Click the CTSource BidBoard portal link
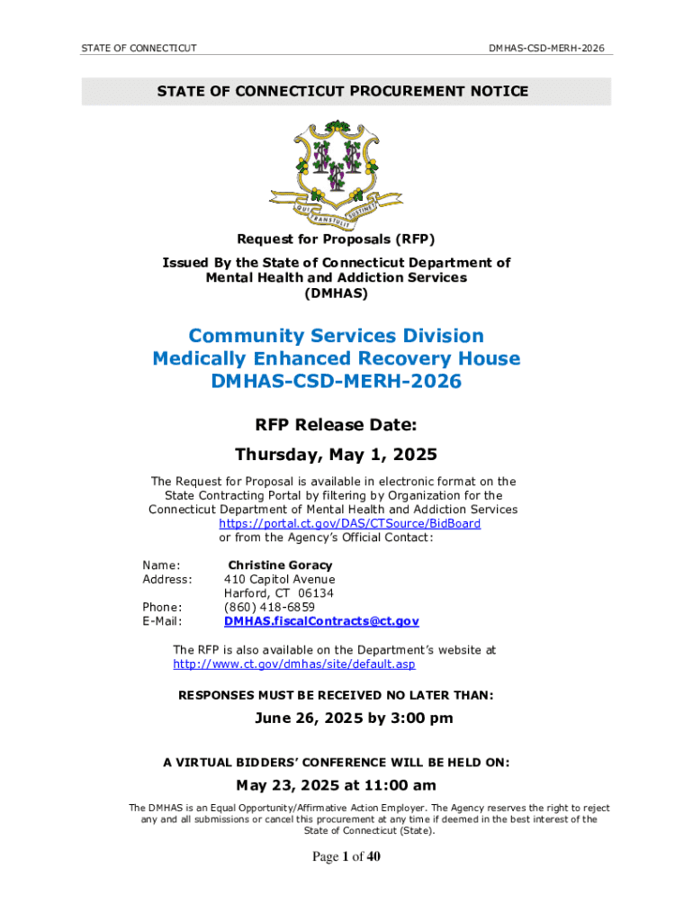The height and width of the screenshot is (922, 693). coord(350,523)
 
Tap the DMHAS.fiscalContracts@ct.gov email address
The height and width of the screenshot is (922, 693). coord(321,621)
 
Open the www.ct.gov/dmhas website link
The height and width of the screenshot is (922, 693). coord(293,664)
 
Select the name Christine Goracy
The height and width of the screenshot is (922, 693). coord(280,565)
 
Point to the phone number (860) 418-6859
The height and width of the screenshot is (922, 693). coord(269,608)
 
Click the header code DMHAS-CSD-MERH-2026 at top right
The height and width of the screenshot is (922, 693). coord(546,47)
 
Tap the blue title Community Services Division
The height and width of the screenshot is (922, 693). coord(336,336)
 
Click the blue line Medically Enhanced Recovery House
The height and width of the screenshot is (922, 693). coord(336,358)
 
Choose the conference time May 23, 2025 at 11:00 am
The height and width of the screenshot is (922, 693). coord(336,786)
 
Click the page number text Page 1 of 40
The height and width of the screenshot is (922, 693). coord(346,857)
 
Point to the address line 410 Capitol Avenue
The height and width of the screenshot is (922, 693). coord(279,580)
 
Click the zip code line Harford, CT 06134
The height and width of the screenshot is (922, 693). coord(279,593)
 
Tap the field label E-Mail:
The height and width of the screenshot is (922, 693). coord(162,621)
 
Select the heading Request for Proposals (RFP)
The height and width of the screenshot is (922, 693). coord(336,239)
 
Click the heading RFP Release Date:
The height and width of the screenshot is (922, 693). coord(336,424)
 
